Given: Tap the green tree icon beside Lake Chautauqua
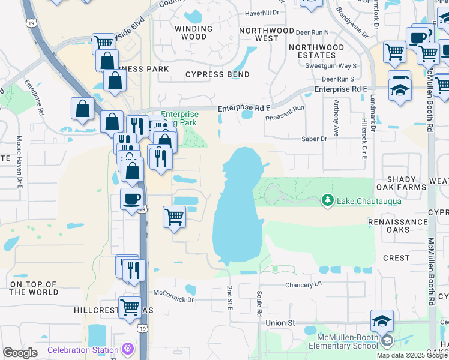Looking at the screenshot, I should pos(328,200).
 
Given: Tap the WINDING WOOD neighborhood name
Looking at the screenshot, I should pos(190,32).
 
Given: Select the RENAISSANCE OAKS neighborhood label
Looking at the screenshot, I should pos(397,226).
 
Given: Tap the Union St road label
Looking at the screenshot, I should pos(280,323).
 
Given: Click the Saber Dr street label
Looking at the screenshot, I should pos(315,139).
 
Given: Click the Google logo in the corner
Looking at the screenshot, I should pos(20,353).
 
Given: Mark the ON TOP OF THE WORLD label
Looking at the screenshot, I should pos(34,288).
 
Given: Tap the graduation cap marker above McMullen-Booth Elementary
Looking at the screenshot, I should pos(382,321).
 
